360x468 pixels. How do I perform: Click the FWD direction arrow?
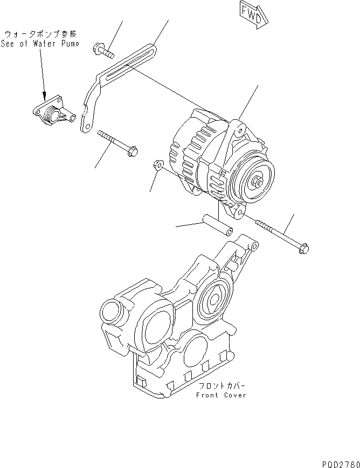[251, 15]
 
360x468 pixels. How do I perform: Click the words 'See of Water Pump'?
[40, 44]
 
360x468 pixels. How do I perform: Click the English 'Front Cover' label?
[221, 395]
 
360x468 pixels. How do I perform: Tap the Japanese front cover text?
[221, 387]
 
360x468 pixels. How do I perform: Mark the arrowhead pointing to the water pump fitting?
[44, 95]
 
